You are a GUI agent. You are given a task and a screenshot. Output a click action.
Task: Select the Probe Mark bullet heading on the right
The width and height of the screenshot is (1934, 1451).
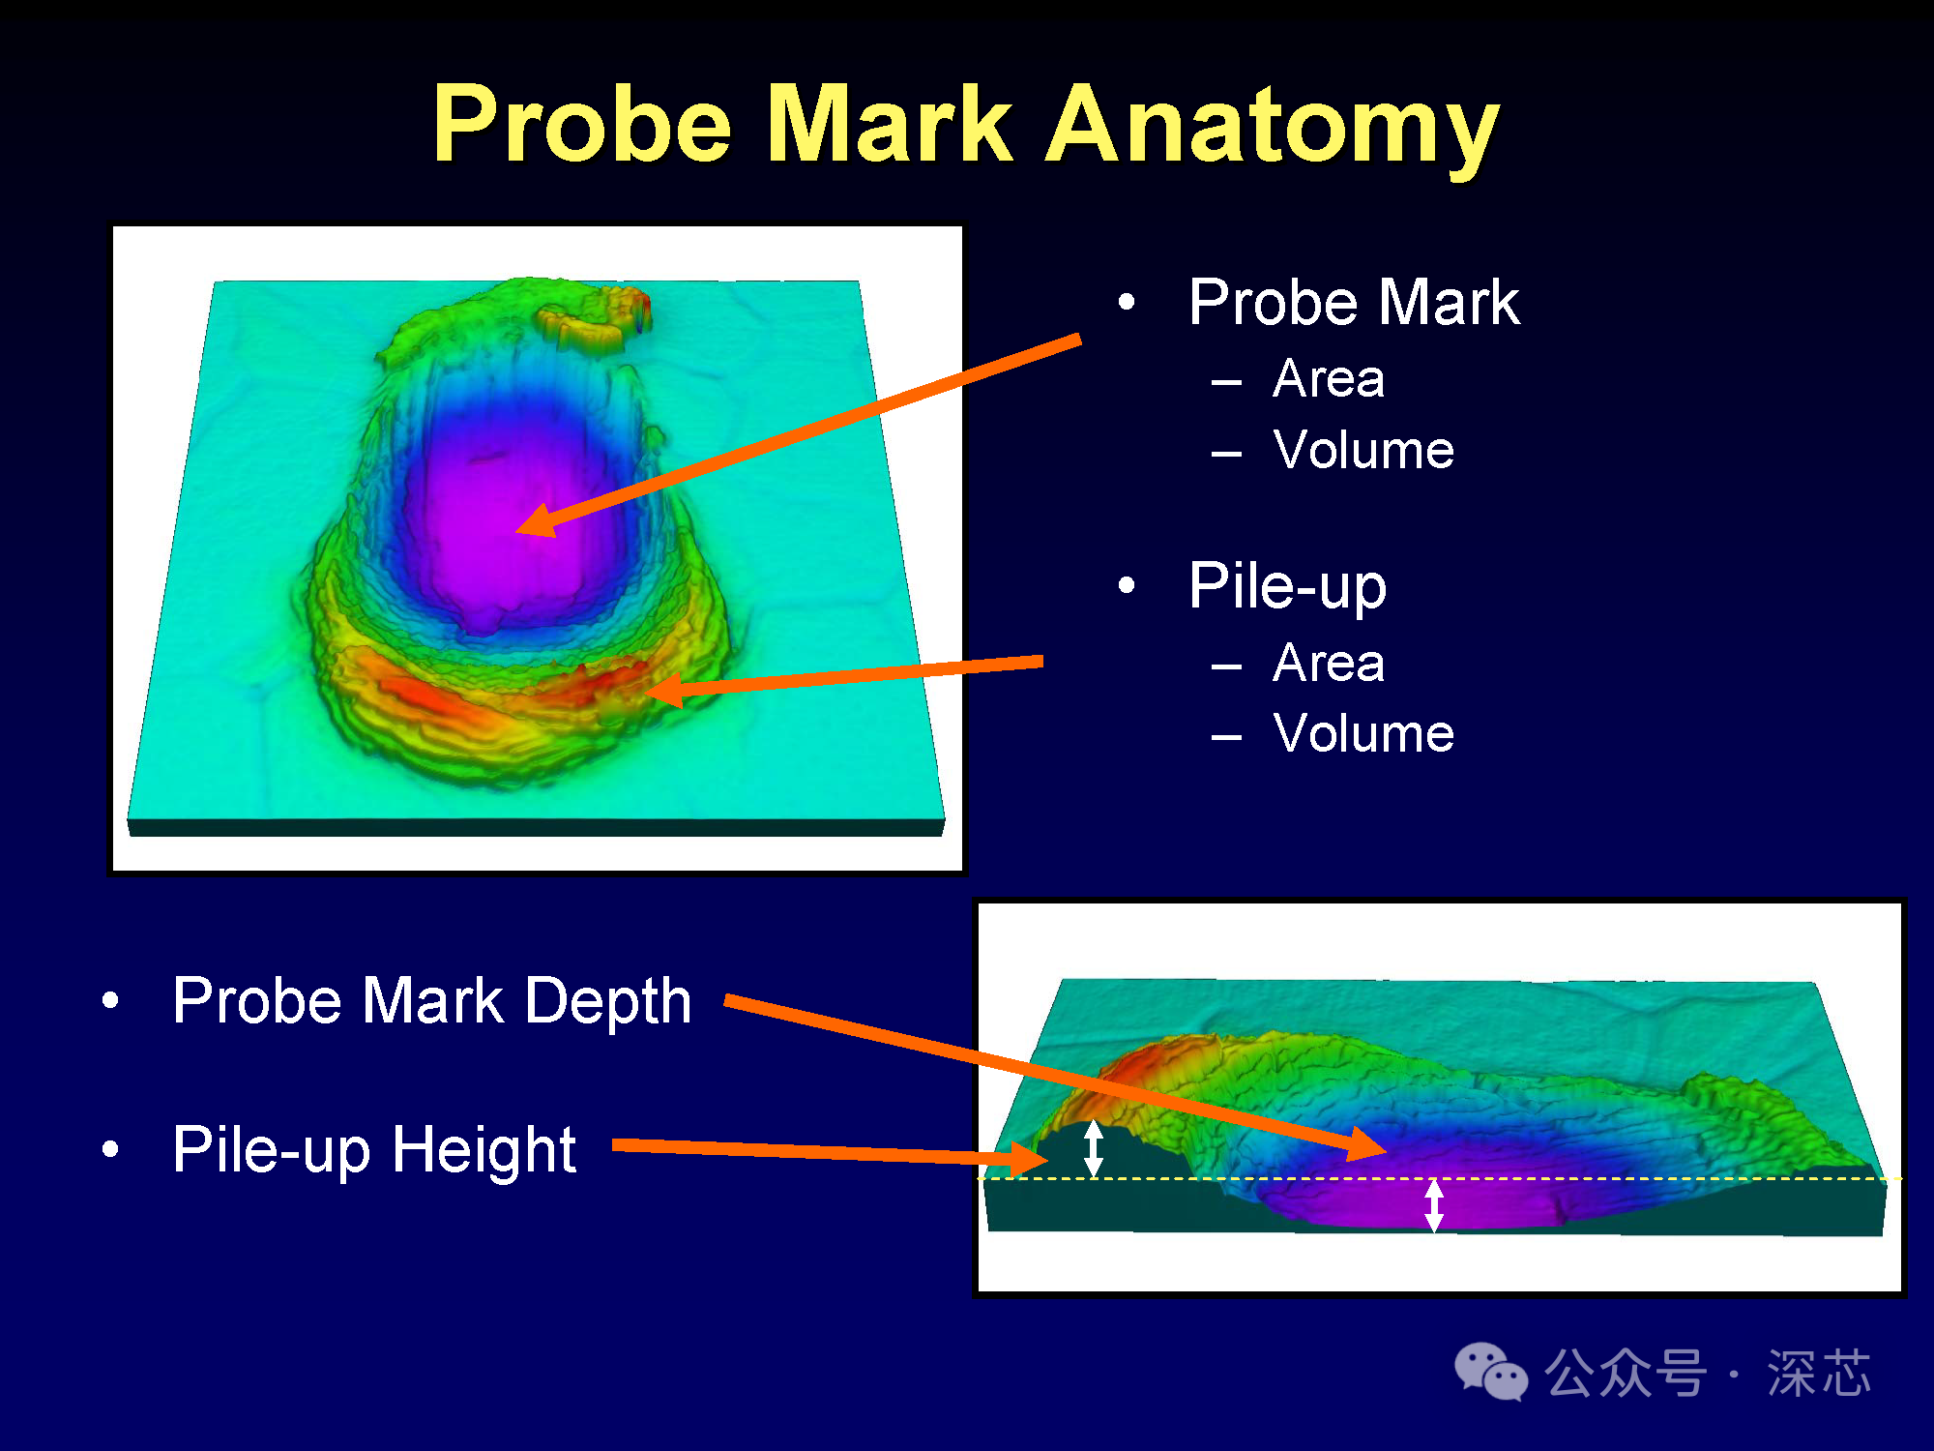[x=1354, y=302]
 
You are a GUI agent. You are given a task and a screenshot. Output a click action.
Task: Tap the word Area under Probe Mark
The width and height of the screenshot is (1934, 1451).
[x=1329, y=378]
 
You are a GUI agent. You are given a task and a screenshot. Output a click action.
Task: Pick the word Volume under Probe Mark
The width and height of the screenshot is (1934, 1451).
[x=1363, y=450]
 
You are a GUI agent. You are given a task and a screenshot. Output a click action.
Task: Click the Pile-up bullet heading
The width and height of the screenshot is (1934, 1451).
[x=1288, y=586]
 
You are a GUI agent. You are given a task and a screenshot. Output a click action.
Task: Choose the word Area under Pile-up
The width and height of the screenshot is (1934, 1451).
[x=1329, y=663]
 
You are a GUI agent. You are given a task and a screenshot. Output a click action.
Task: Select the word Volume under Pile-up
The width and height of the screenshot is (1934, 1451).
[x=1363, y=733]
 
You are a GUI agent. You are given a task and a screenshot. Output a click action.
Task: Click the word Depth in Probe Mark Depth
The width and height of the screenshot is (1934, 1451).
[x=608, y=1000]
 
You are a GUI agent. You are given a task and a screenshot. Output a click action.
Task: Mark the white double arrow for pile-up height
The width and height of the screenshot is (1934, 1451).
[x=1094, y=1148]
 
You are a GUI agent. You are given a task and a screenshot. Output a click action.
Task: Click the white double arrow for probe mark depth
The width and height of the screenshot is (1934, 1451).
[x=1434, y=1205]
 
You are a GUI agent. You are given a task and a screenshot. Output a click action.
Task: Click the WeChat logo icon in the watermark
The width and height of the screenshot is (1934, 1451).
[x=1491, y=1372]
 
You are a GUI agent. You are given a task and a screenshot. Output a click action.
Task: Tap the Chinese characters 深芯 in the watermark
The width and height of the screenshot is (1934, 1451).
[x=1819, y=1373]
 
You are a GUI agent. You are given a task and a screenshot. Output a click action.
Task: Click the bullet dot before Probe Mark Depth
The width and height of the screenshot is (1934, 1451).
[x=111, y=1000]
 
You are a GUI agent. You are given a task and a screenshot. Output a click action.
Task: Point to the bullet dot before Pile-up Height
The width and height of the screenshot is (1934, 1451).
[x=111, y=1149]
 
